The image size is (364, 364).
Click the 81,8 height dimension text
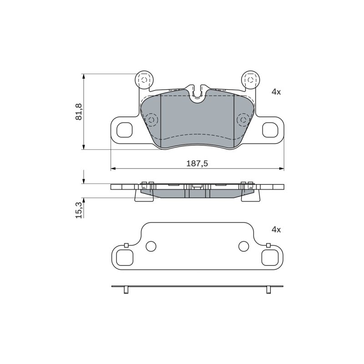click(x=79, y=111)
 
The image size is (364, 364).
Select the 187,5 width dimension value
click(x=197, y=164)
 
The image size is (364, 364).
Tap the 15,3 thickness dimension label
click(x=79, y=210)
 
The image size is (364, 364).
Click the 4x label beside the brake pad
click(x=276, y=92)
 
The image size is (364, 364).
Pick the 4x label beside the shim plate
click(x=276, y=230)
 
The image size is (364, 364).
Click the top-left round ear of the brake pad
click(x=144, y=80)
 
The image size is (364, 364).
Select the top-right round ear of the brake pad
click(x=250, y=80)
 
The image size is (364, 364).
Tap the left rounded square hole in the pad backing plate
click(x=124, y=130)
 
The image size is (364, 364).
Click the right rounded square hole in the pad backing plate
click(x=270, y=130)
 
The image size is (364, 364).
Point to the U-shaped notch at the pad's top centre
click(x=197, y=94)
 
